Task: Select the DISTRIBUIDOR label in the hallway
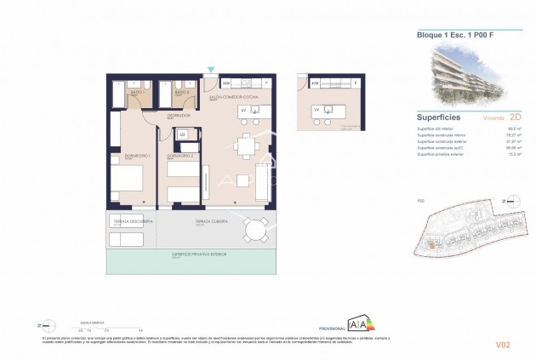[x=177, y=114]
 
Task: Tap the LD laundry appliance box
[x=181, y=134]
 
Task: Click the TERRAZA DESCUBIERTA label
[x=133, y=220]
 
